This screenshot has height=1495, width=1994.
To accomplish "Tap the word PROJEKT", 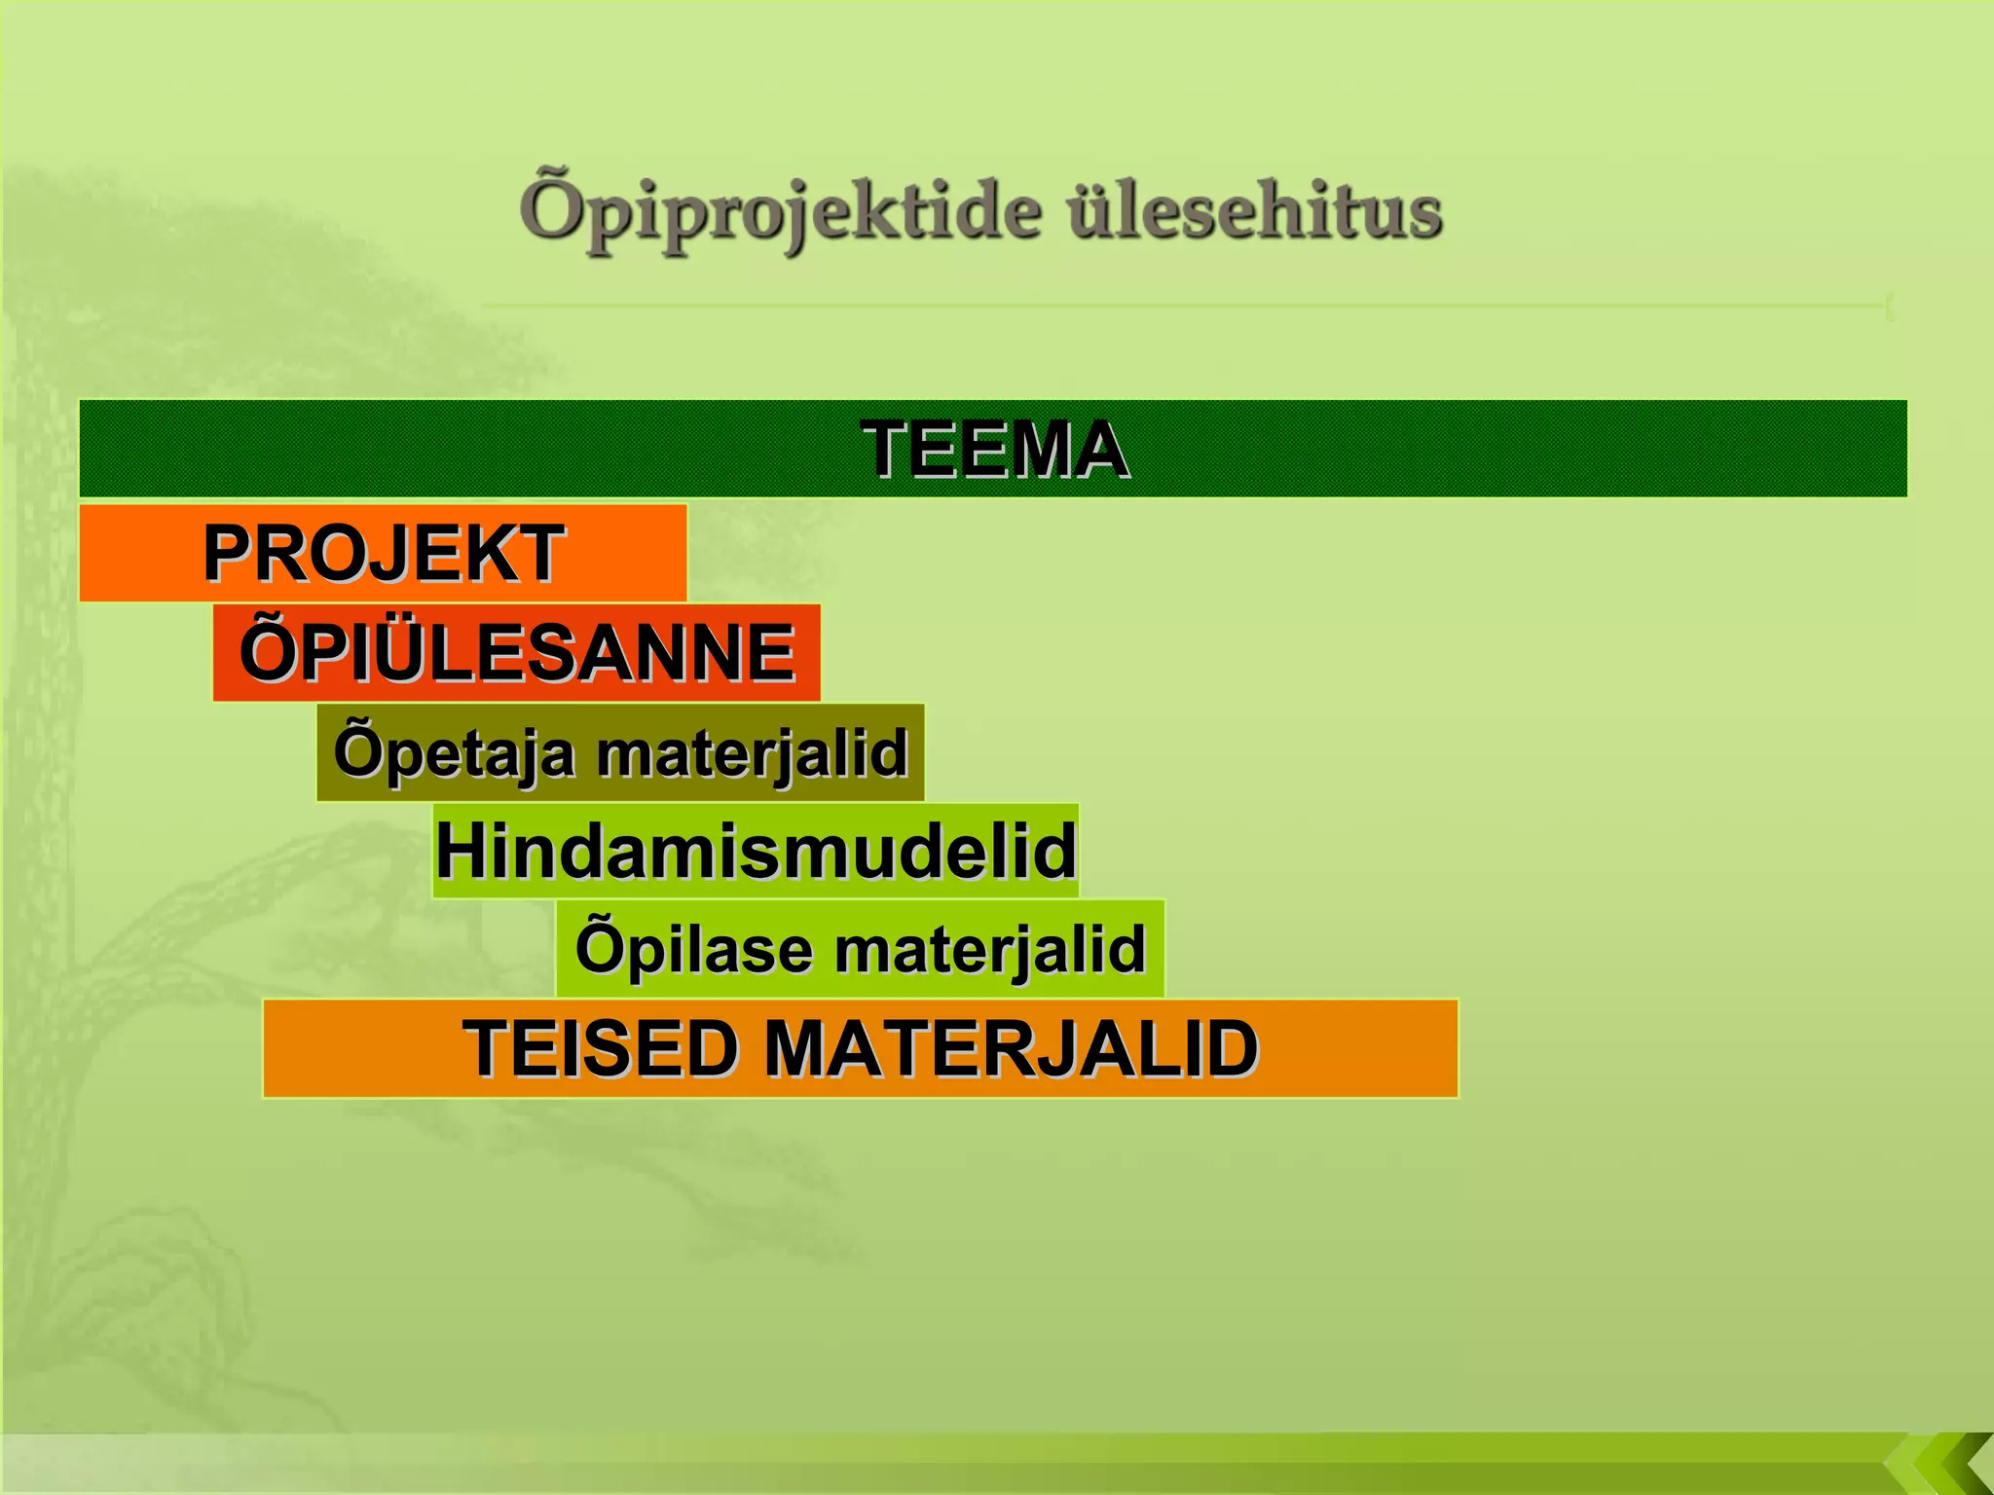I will coord(383,553).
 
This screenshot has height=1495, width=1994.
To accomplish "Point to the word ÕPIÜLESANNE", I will coord(517,652).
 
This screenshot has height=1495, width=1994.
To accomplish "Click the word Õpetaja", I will coord(454,752).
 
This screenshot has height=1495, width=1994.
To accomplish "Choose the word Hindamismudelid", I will coord(756,851).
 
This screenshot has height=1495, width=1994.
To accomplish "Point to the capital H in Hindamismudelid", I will coord(460,851).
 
